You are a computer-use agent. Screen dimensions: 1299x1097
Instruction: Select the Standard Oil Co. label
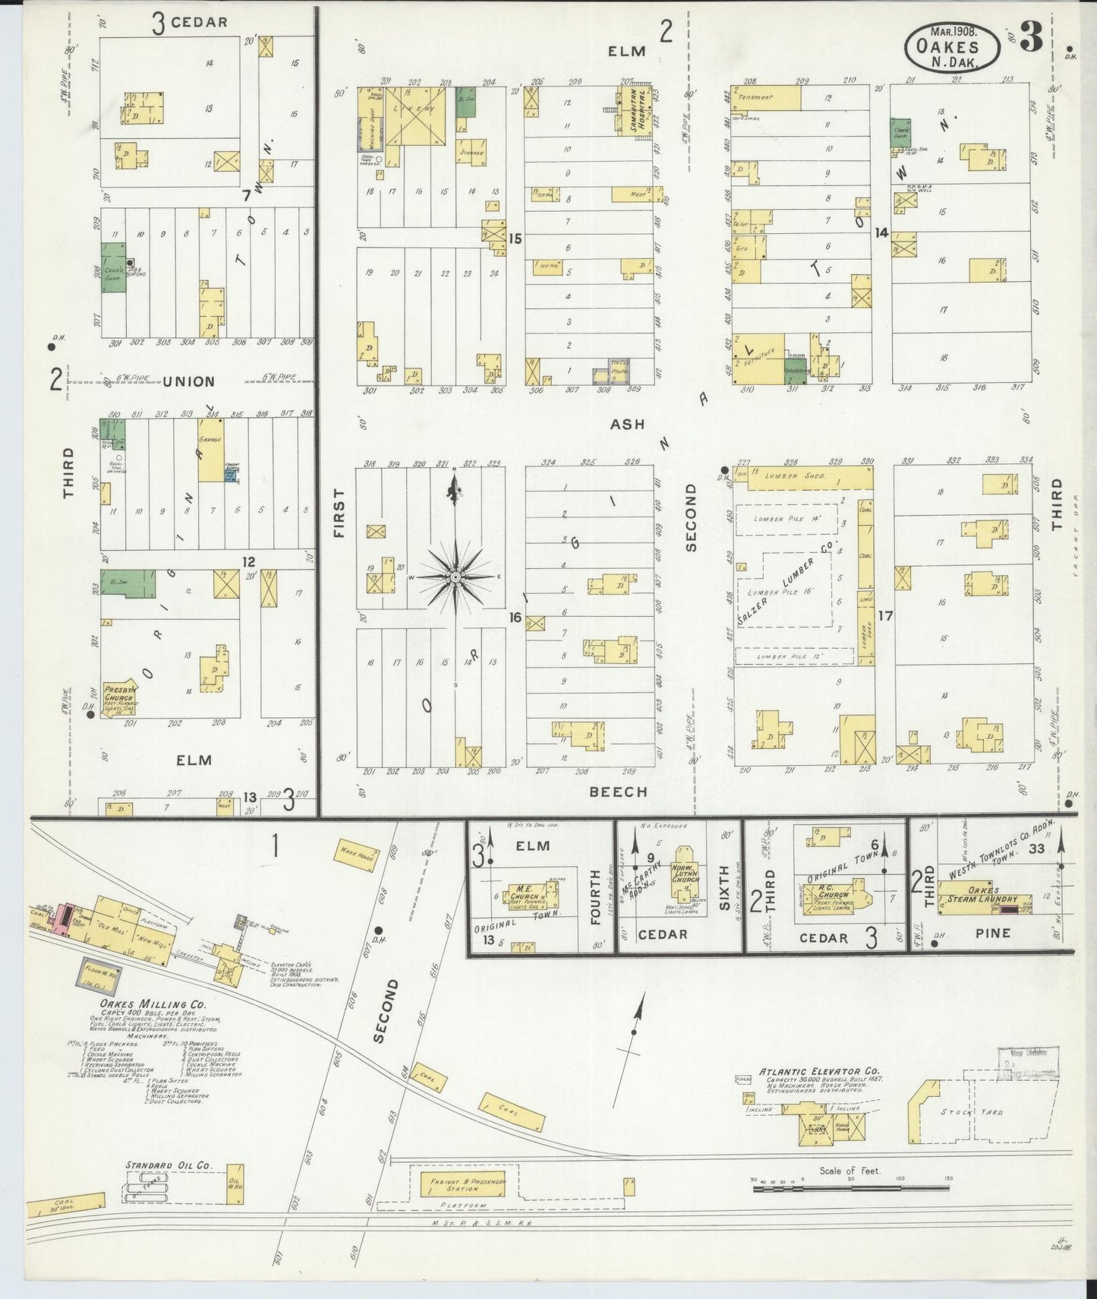pos(169,1165)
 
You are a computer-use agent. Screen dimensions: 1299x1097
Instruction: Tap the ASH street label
pos(626,425)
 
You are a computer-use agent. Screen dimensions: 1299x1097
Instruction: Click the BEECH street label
pos(619,792)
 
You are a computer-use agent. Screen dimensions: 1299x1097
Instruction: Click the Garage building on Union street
pos(210,450)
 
